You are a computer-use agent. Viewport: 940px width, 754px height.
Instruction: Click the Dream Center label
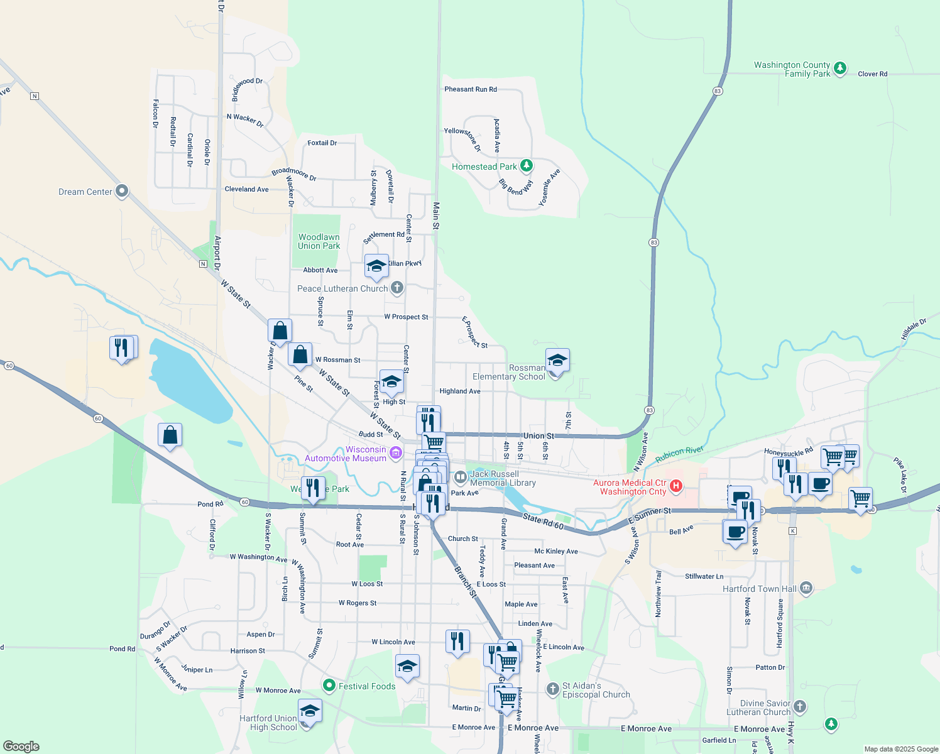click(x=85, y=192)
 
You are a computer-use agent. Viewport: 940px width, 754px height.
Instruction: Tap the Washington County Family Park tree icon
click(x=840, y=68)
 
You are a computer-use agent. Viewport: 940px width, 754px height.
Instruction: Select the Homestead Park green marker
click(x=527, y=166)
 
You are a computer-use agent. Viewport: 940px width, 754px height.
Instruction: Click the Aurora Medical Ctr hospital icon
click(x=676, y=486)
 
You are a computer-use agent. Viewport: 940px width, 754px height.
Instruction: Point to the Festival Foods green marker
click(x=328, y=685)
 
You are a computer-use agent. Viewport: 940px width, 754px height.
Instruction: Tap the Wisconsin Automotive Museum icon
click(x=395, y=452)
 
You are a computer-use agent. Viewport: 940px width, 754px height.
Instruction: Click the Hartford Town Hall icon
click(x=806, y=588)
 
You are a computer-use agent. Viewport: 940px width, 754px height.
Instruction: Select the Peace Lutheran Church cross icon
click(x=396, y=288)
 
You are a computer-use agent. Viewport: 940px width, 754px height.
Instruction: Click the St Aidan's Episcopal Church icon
click(x=552, y=689)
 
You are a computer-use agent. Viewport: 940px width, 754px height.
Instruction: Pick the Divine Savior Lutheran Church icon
click(x=800, y=706)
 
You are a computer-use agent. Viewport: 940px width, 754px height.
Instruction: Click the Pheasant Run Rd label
click(x=471, y=89)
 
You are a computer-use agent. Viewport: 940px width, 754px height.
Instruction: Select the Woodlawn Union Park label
click(x=319, y=241)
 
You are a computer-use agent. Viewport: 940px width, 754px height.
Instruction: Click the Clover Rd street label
click(x=872, y=74)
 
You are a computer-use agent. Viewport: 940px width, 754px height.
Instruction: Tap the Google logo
click(x=21, y=746)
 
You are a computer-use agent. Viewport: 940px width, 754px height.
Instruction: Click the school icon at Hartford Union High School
click(x=309, y=711)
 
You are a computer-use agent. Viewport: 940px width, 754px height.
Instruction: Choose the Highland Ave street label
click(x=459, y=391)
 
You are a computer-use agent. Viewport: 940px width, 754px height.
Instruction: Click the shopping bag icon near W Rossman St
click(x=300, y=355)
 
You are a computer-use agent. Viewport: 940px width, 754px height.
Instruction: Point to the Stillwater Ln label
click(x=704, y=576)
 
